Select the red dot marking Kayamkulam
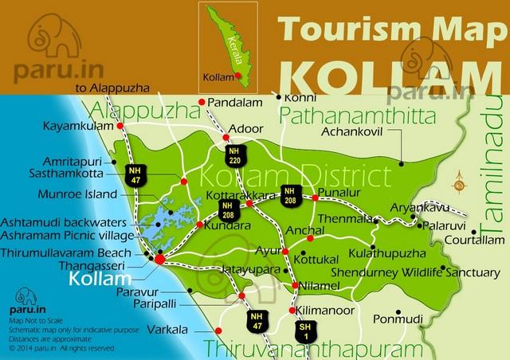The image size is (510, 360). coord(120,126)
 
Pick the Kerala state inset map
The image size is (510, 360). coord(231,43)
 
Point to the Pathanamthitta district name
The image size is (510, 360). coord(358,117)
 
